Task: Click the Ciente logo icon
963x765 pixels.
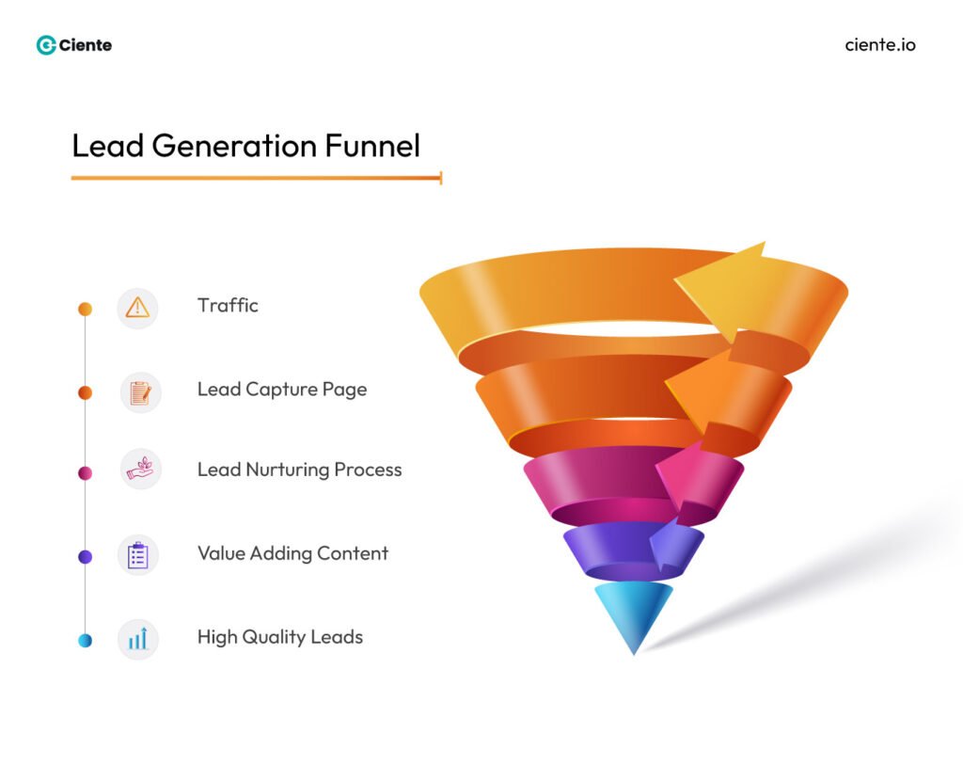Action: pos(46,45)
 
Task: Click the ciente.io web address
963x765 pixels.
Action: pos(880,45)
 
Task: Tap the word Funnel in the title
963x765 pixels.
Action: pos(372,146)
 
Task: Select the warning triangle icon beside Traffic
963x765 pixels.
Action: pos(137,308)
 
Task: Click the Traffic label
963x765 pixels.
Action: pos(228,306)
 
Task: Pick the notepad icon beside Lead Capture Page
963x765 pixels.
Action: pos(140,392)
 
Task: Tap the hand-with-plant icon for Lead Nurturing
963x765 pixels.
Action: pos(140,469)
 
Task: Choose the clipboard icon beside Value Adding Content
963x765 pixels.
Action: pos(138,555)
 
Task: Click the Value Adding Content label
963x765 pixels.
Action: pos(292,553)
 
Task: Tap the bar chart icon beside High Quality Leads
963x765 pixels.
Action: pos(138,640)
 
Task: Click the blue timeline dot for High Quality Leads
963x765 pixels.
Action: pos(85,641)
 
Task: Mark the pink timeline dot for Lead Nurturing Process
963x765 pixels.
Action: pos(85,473)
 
